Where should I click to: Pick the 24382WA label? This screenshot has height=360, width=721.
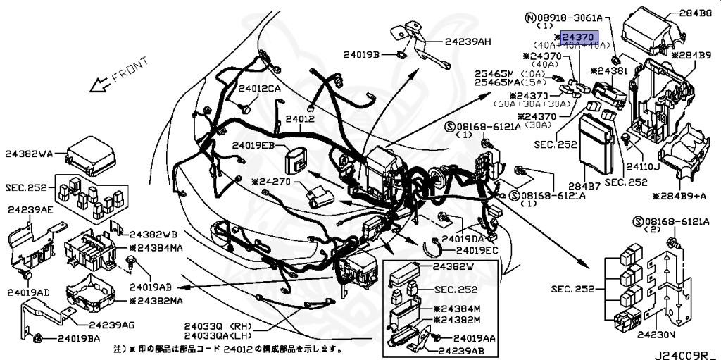(30, 152)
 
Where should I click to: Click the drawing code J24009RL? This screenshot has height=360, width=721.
(686, 349)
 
